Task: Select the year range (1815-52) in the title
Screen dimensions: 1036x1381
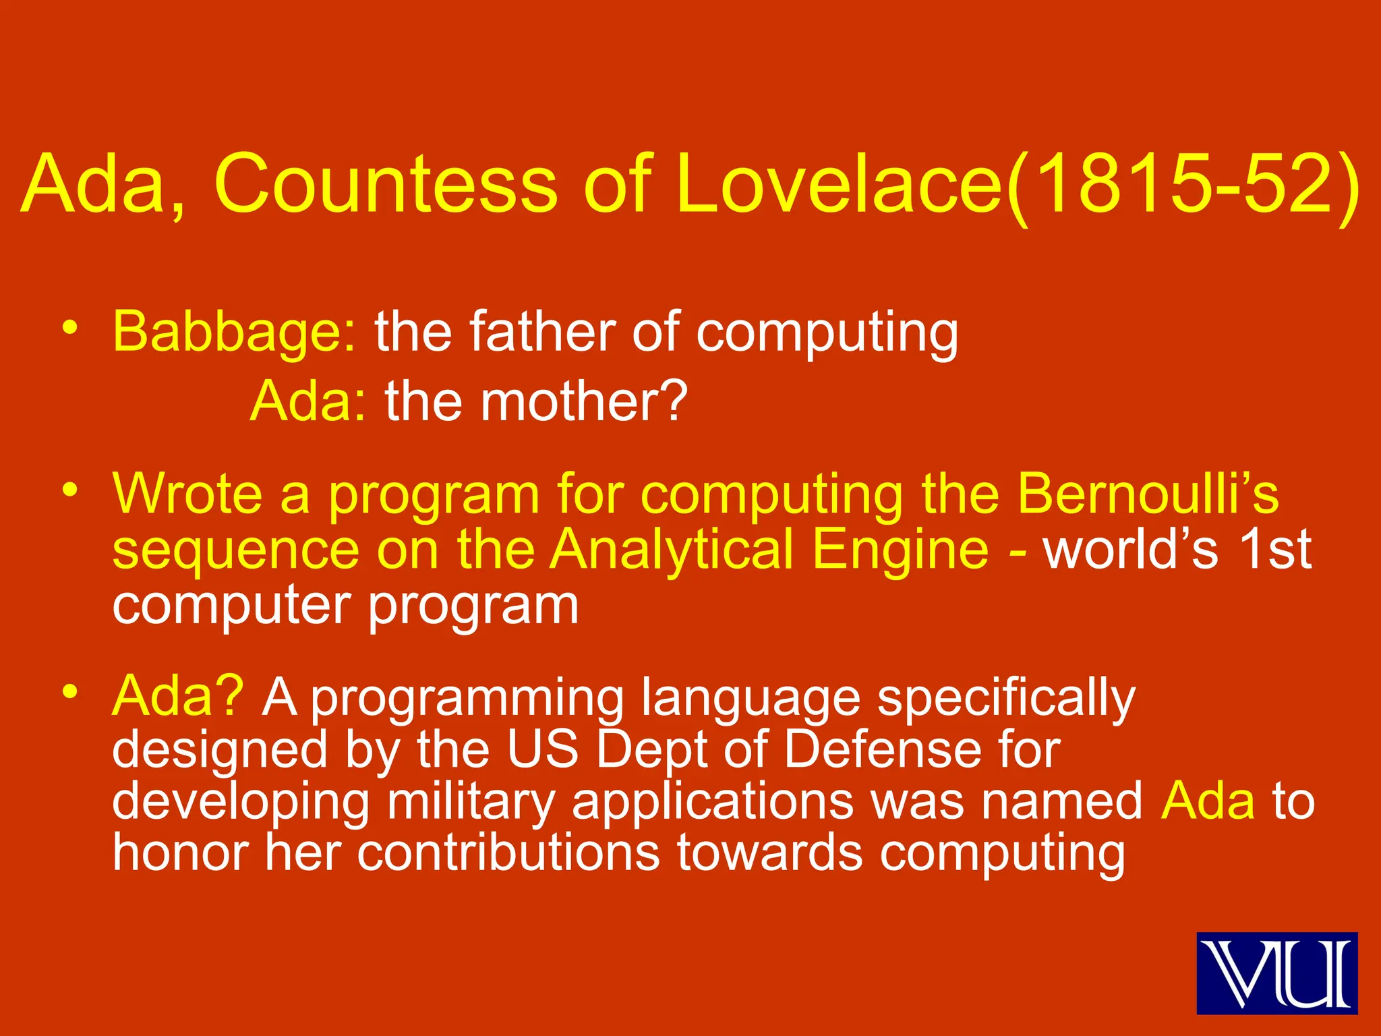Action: click(x=1183, y=183)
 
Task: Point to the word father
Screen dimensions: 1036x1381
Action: click(x=541, y=332)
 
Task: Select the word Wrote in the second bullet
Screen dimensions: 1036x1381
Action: click(x=187, y=494)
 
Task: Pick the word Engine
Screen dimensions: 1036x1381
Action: click(x=900, y=549)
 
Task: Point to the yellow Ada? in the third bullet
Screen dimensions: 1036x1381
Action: click(x=177, y=697)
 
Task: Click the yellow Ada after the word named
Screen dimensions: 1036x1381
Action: click(x=1208, y=801)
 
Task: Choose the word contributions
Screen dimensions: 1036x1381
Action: click(x=508, y=853)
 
